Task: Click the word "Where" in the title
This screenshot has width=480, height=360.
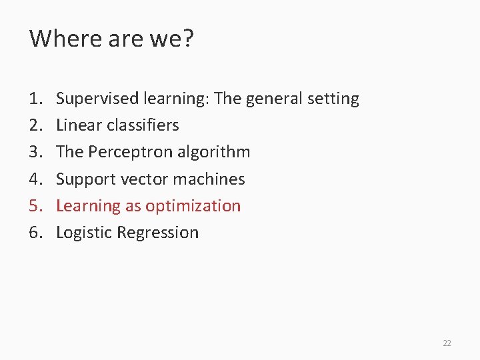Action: (x=58, y=39)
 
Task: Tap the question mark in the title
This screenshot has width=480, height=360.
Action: (x=187, y=39)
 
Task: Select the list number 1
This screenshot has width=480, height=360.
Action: (x=35, y=99)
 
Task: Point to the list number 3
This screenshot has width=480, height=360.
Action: (x=35, y=152)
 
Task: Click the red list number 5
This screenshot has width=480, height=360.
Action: (x=35, y=206)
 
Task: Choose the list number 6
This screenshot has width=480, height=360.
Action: (x=35, y=233)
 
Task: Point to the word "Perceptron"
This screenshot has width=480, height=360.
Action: (x=129, y=152)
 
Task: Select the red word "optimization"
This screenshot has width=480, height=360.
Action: (x=193, y=206)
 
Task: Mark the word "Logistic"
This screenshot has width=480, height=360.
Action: (x=83, y=233)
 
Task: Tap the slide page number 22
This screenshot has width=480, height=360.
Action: (x=447, y=343)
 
